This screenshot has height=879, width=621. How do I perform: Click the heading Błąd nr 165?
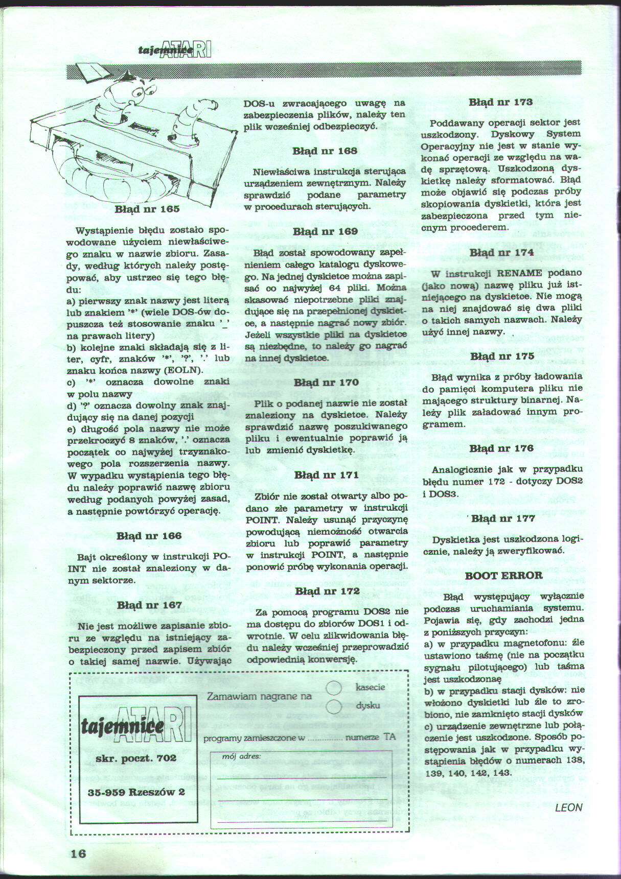(x=147, y=209)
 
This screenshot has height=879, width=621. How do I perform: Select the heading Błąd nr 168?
(x=325, y=151)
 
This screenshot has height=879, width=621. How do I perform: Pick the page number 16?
(x=79, y=854)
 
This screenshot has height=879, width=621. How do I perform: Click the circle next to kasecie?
(x=333, y=688)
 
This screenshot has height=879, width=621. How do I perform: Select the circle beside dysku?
(x=333, y=706)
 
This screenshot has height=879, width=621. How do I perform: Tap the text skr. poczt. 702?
(x=136, y=758)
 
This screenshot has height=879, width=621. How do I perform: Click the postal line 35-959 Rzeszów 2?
(x=136, y=792)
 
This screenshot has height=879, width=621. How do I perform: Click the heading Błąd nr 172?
(x=327, y=591)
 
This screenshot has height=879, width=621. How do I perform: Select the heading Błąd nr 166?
(x=149, y=536)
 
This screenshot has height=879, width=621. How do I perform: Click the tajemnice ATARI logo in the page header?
(x=174, y=49)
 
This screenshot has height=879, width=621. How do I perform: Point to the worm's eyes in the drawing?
(x=144, y=92)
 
